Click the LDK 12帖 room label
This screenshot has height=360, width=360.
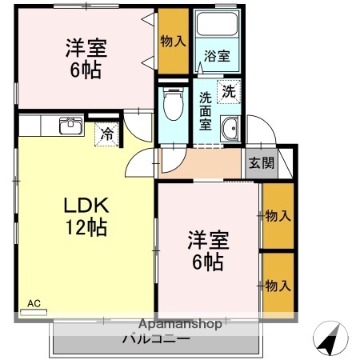(x=86, y=216)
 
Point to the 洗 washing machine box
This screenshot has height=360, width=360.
(x=229, y=91)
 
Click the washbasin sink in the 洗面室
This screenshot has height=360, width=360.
(x=230, y=128)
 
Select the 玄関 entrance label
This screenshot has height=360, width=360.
(x=260, y=163)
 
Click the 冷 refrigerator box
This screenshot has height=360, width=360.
(x=106, y=134)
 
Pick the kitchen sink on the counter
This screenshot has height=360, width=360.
(x=71, y=126)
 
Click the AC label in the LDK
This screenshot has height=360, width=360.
(x=34, y=303)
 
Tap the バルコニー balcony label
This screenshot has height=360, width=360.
(x=155, y=338)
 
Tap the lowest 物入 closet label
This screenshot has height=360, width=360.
(x=277, y=286)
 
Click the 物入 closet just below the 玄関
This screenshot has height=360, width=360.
(x=277, y=215)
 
